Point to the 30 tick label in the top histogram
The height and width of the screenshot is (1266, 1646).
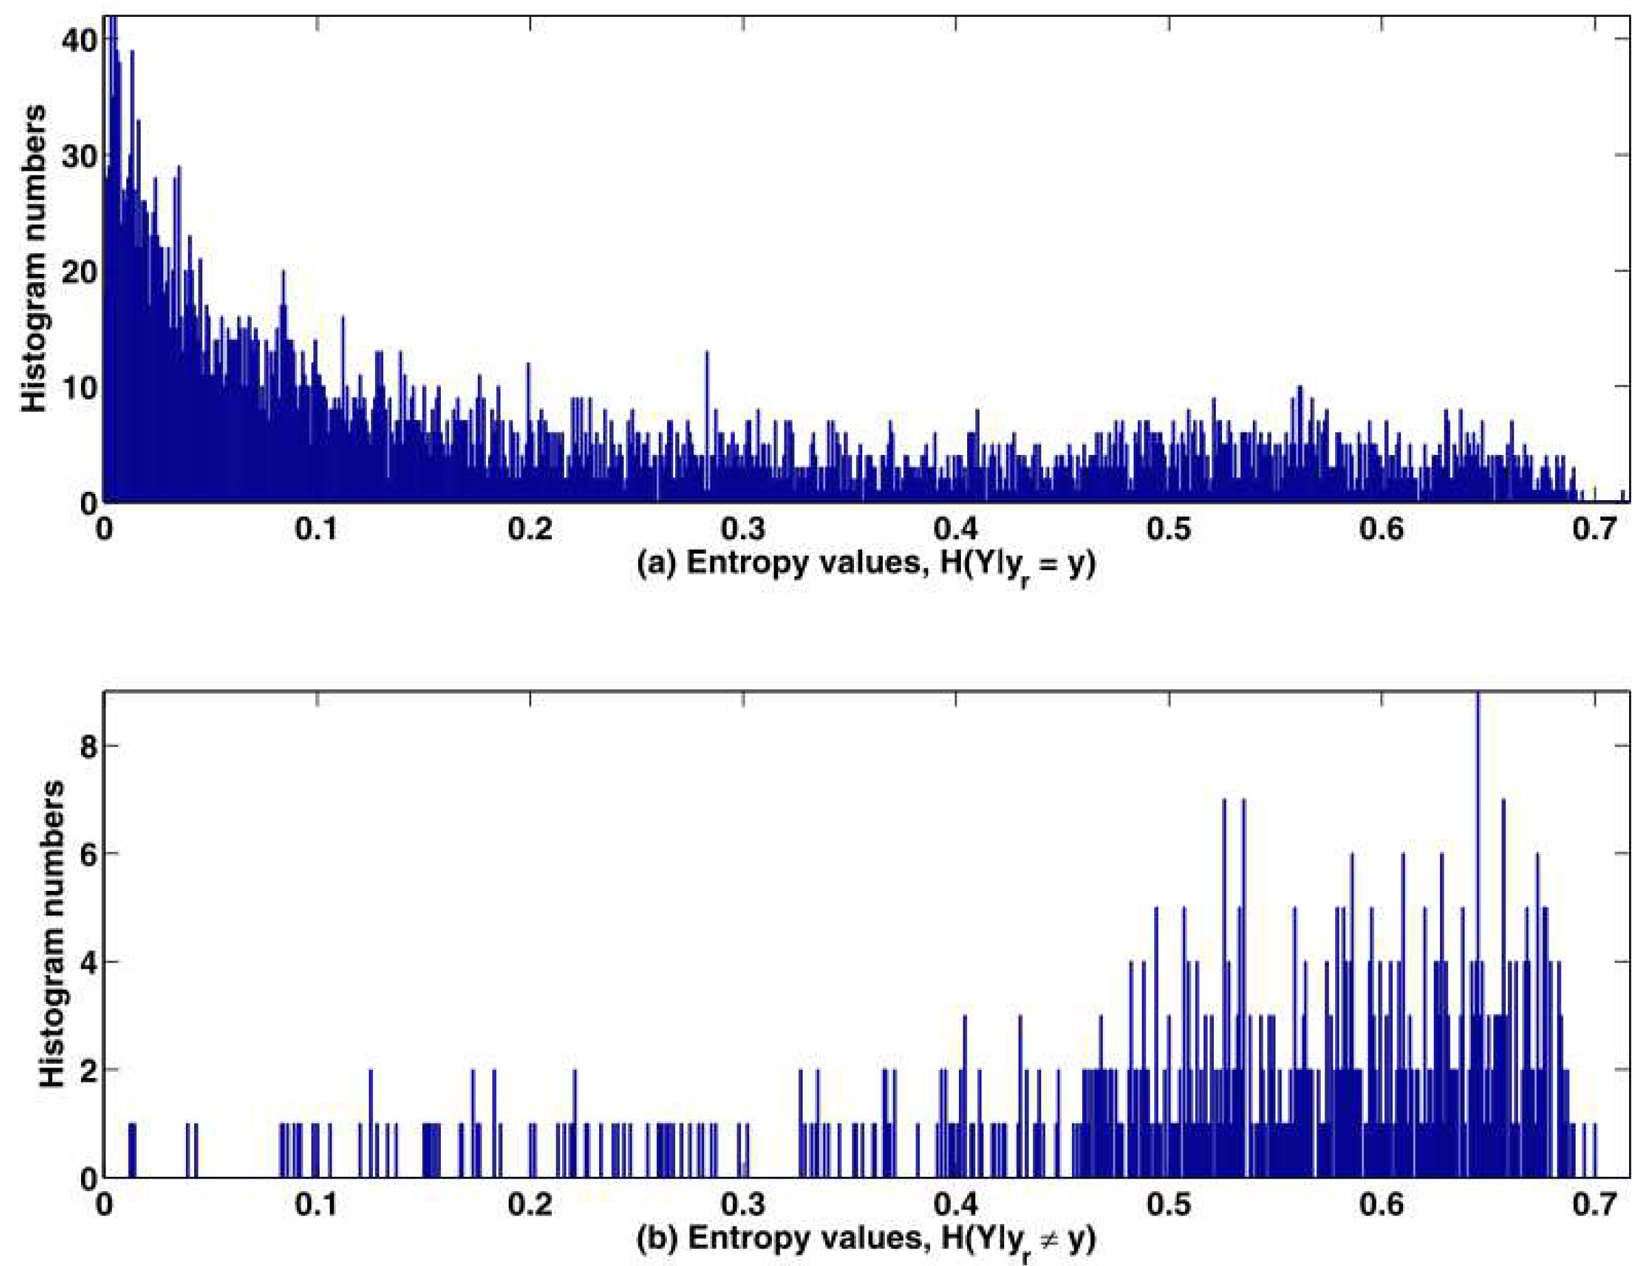[79, 155]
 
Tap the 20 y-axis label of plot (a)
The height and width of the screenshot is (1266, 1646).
[79, 271]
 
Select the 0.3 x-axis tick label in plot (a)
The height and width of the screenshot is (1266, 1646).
[744, 529]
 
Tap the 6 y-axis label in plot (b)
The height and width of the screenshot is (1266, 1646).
[87, 854]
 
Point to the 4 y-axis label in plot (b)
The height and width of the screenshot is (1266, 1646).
[87, 963]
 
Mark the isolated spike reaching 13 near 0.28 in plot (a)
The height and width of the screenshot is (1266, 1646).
[707, 426]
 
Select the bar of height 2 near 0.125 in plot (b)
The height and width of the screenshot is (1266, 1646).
[371, 1123]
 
